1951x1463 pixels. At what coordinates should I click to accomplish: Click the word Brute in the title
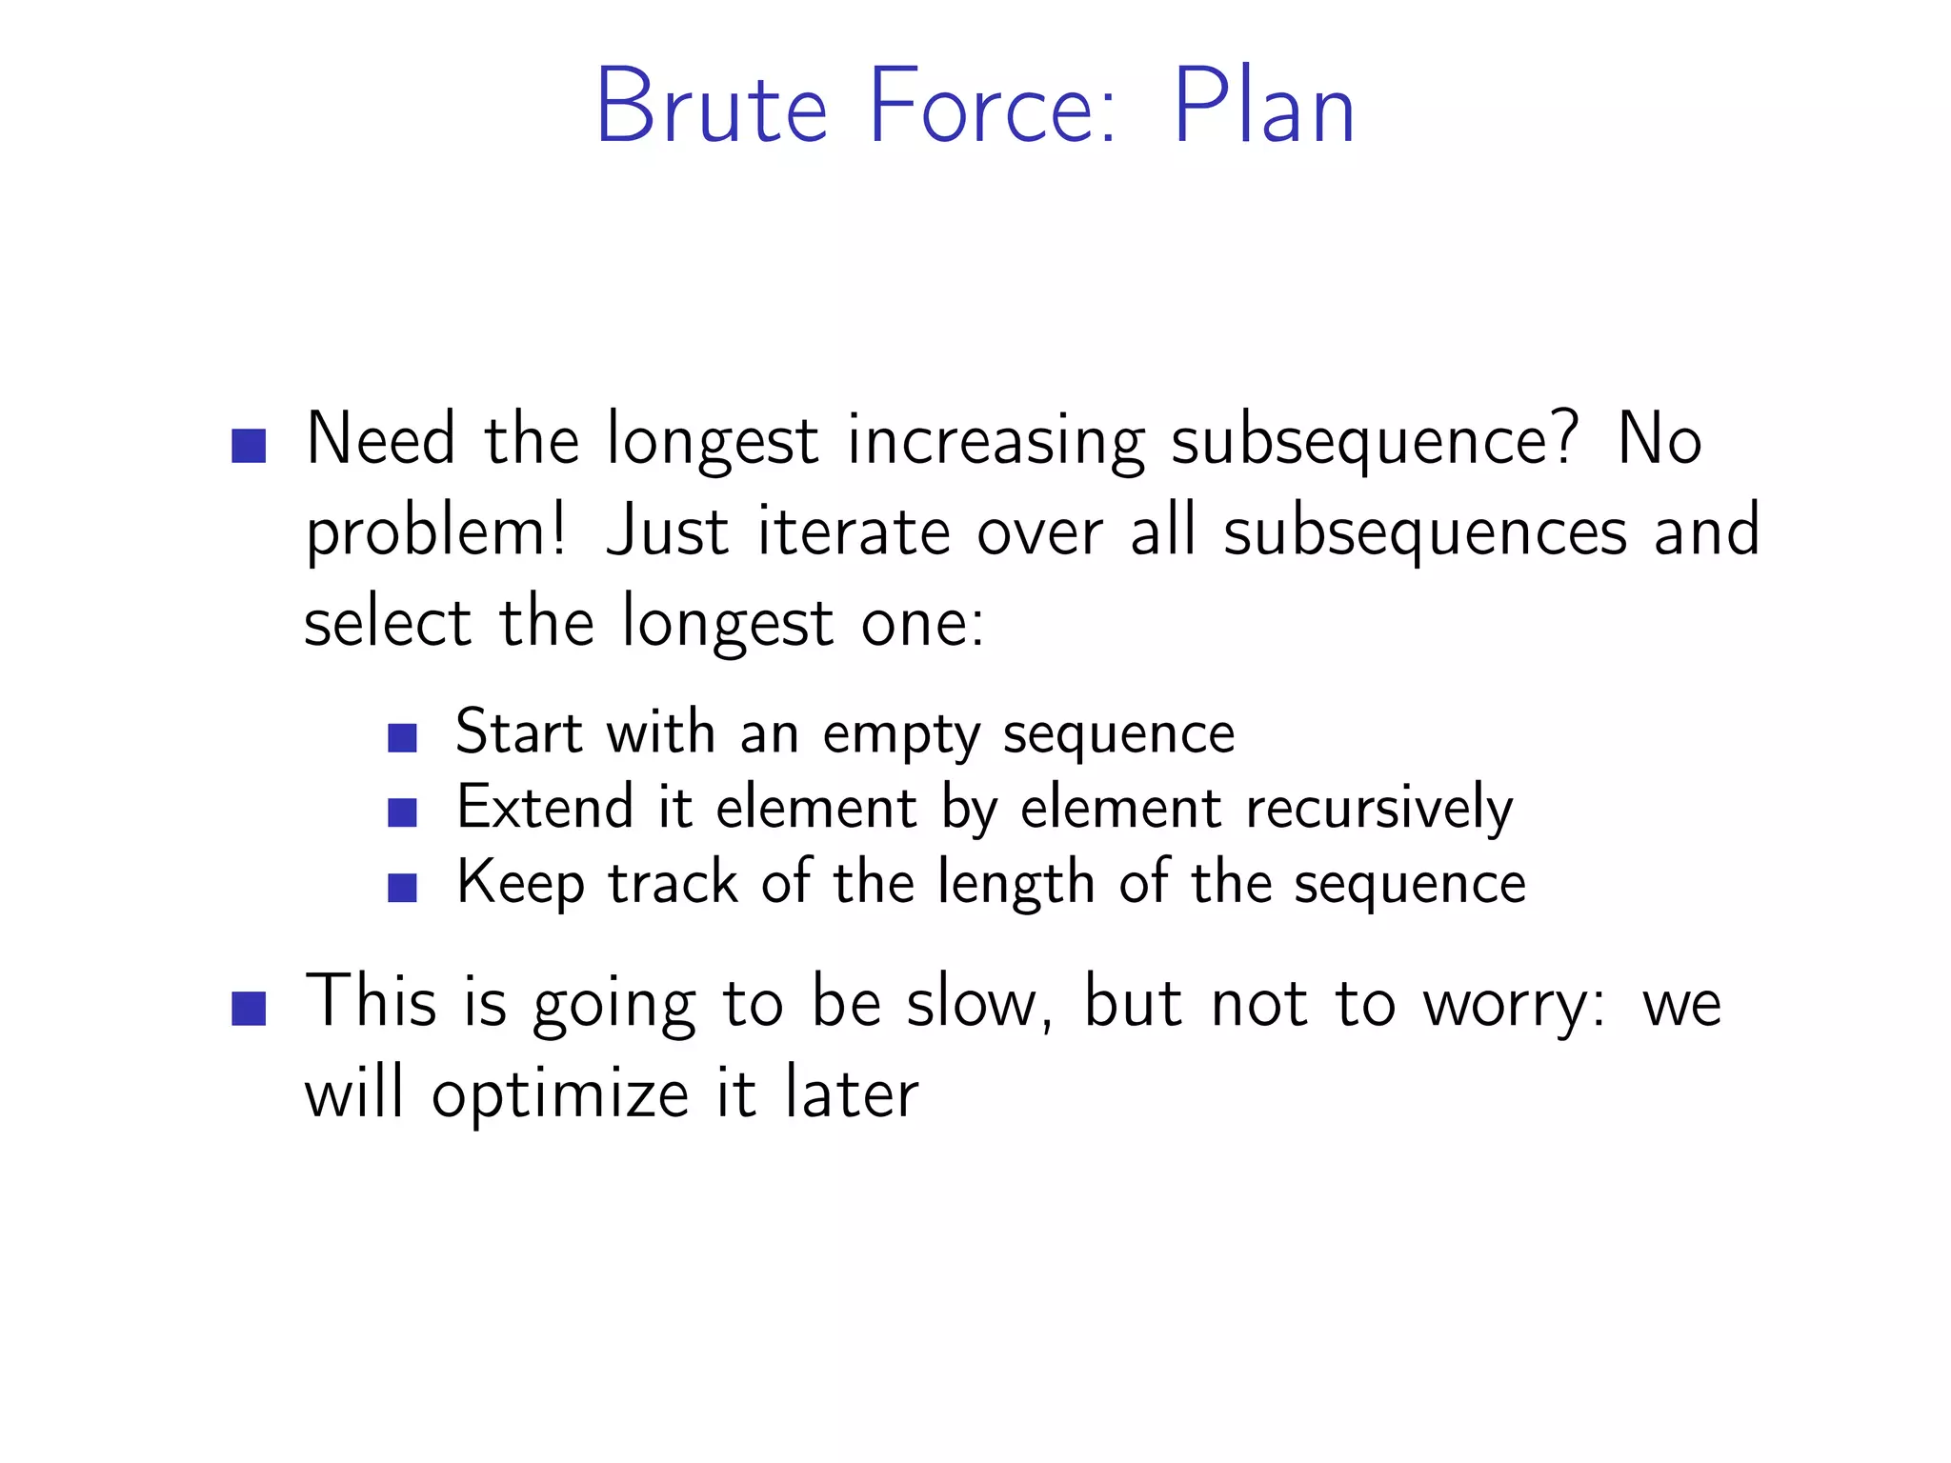click(711, 107)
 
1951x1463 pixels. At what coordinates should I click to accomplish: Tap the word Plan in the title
click(1263, 107)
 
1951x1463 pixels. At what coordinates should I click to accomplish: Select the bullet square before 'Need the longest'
click(249, 446)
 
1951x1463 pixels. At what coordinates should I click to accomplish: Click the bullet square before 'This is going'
click(249, 1009)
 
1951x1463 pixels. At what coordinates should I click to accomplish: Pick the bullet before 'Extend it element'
click(403, 812)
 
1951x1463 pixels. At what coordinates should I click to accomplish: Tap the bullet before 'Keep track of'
click(403, 888)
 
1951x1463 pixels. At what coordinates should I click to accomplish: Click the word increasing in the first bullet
click(996, 442)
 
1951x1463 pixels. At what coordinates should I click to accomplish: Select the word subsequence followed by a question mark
click(1362, 442)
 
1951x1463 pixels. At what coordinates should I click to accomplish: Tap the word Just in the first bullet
click(668, 531)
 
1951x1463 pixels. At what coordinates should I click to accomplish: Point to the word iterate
click(854, 531)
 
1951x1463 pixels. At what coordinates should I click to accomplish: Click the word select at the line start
click(387, 623)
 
